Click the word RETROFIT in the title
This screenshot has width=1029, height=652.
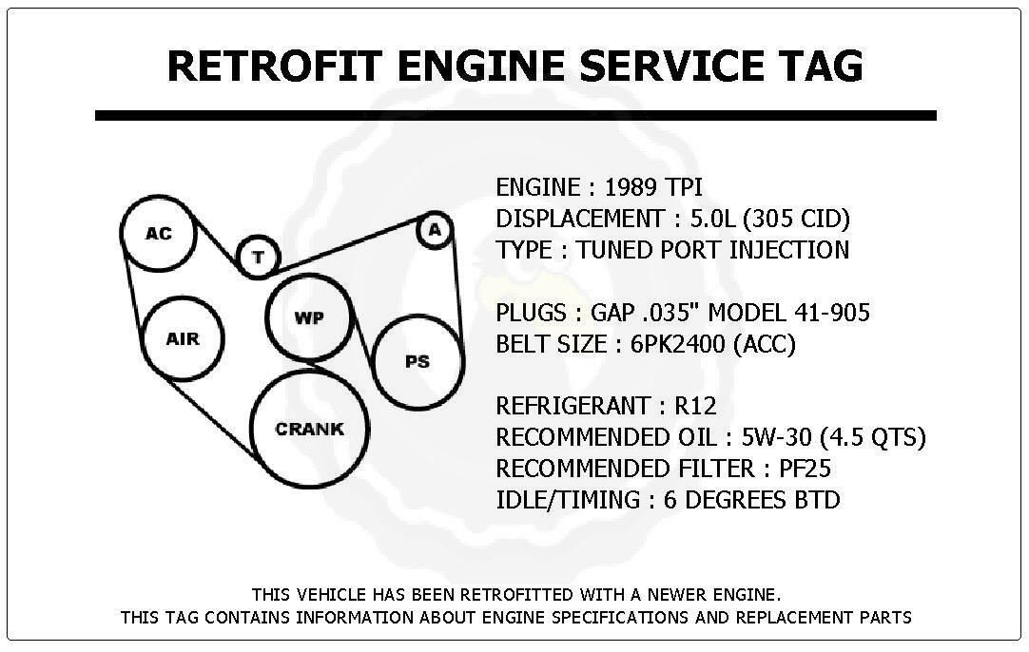tap(274, 66)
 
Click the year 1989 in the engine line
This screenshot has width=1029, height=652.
tap(630, 187)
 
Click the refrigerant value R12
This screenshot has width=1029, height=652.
tap(695, 406)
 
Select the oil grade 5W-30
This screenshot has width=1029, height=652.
tap(776, 437)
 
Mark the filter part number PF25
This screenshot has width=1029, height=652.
tap(805, 469)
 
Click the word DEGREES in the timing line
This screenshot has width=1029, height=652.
tap(736, 500)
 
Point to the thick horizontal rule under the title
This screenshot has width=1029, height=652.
tap(515, 115)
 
